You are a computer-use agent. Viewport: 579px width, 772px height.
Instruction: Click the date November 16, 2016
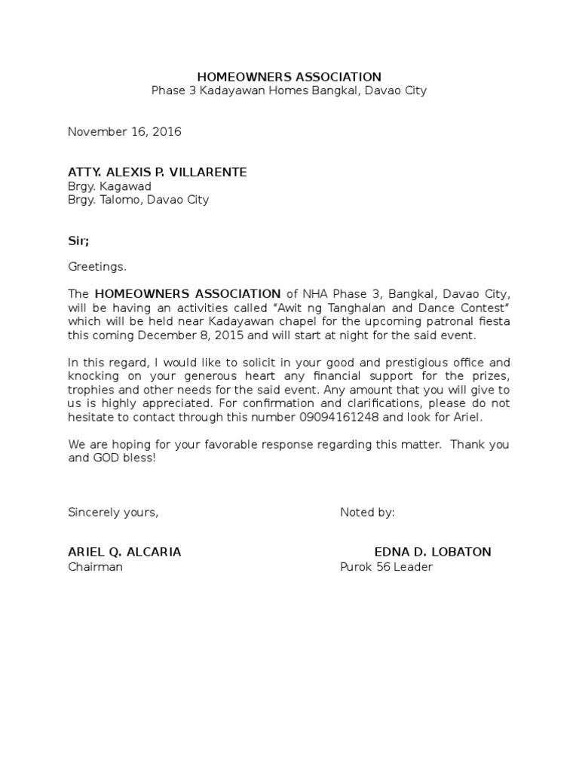click(x=124, y=132)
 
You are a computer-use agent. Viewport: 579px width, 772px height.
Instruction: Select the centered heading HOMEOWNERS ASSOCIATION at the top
click(x=289, y=77)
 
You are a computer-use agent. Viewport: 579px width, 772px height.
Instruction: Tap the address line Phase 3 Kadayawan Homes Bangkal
click(x=289, y=90)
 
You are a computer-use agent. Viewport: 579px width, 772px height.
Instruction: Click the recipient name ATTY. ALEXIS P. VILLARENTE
click(x=157, y=172)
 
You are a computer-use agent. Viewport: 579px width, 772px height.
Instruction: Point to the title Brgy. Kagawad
click(x=109, y=186)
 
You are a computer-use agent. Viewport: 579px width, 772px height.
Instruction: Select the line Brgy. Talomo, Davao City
click(x=138, y=200)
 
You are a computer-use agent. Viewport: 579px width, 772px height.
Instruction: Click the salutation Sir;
click(x=78, y=240)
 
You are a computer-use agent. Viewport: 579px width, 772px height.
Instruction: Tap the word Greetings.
click(x=97, y=267)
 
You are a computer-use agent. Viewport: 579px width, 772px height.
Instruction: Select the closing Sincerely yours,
click(x=113, y=513)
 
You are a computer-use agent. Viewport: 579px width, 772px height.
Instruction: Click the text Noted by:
click(x=367, y=513)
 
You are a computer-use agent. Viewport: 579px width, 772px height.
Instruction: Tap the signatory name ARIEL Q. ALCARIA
click(x=124, y=552)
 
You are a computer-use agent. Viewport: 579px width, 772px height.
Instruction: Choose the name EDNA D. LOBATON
click(x=432, y=552)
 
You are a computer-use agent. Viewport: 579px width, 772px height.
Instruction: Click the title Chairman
click(x=95, y=566)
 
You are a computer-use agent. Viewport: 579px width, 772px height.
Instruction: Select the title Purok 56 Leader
click(x=386, y=566)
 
